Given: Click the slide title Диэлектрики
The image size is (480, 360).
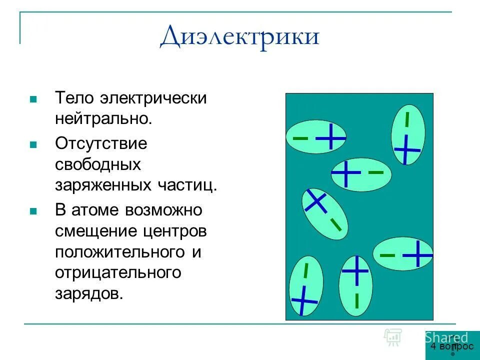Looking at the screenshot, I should tap(239, 36).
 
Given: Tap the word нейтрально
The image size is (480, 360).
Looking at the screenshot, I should tap(103, 119).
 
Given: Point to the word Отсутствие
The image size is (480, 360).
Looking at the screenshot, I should tap(101, 143).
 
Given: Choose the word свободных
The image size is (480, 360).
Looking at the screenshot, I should tap(98, 164).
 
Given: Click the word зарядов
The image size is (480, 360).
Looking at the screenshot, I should tap(88, 293).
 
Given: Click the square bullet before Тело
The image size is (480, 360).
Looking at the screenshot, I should tap(33, 99).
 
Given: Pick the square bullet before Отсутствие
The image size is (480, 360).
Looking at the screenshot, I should tap(33, 144).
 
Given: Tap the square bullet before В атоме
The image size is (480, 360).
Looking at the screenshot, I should tap(33, 211).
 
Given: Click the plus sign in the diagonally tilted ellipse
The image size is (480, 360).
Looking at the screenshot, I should tap(316, 201).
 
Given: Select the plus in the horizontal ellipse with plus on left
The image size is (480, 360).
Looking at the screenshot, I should tap(345, 173).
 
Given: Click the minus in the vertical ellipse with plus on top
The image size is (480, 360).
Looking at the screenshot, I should tap(356, 300).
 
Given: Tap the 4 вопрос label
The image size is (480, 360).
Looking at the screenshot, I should tap(451, 346).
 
